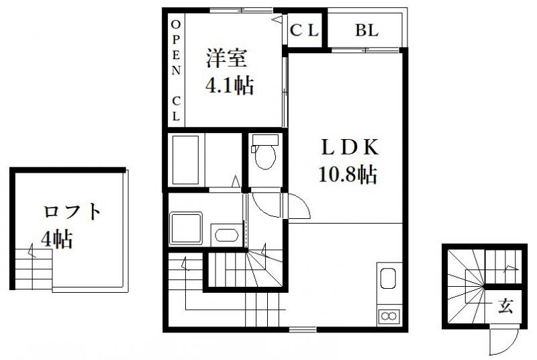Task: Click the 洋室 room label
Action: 226,58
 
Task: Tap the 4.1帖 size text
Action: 229,85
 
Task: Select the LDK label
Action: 349,147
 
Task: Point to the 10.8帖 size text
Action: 348,175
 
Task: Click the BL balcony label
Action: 367,30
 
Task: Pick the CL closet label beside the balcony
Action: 304,30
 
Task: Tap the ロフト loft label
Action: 72,212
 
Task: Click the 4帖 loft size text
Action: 57,239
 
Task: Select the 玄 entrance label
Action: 505,306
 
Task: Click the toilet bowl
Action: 265,152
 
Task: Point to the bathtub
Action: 185,160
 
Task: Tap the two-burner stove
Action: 389,315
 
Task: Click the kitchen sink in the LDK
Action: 388,278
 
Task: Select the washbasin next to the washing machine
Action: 226,235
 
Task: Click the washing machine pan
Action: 186,228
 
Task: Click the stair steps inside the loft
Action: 34,269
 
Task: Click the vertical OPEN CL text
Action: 176,71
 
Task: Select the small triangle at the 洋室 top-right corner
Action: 277,19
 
